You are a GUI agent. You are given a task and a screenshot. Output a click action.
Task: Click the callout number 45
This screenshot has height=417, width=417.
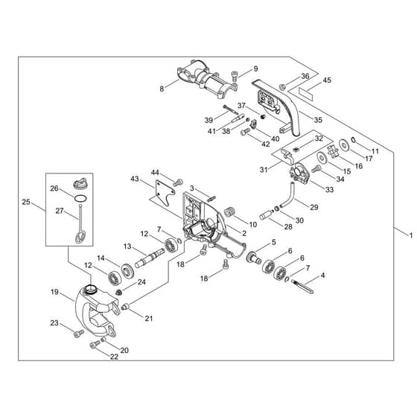pyautogui.click(x=327, y=80)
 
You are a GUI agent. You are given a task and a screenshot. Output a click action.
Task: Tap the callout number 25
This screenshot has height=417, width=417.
pyautogui.click(x=26, y=202)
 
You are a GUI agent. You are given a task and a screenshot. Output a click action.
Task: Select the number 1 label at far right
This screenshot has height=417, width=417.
pyautogui.click(x=411, y=235)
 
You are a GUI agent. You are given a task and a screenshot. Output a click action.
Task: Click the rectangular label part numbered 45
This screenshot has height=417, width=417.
pyautogui.click(x=305, y=93)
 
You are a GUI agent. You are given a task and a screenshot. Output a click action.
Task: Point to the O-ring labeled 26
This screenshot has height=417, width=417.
pyautogui.click(x=80, y=198)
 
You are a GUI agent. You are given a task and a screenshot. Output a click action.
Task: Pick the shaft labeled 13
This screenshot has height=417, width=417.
pyautogui.click(x=150, y=258)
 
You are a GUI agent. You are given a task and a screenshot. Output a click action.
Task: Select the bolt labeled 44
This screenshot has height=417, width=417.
pyautogui.click(x=178, y=182)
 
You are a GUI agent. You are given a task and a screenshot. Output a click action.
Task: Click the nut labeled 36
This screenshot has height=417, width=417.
pyautogui.click(x=282, y=86)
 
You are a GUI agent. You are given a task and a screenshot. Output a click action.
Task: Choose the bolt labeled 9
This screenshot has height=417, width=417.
pyautogui.click(x=235, y=76)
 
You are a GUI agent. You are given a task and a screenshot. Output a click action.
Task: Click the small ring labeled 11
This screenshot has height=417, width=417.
pyautogui.click(x=354, y=140)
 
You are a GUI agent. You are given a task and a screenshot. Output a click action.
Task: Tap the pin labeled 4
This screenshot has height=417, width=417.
pyautogui.click(x=302, y=286)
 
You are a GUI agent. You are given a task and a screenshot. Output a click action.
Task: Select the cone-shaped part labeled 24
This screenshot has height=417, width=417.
pyautogui.click(x=119, y=292)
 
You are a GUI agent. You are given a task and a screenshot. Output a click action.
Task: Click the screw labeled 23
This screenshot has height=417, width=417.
pyautogui.click(x=78, y=334)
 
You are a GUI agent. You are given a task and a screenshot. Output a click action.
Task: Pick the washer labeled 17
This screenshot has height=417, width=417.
pyautogui.click(x=345, y=145)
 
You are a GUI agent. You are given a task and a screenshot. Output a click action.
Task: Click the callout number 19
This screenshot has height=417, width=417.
pyautogui.click(x=54, y=292)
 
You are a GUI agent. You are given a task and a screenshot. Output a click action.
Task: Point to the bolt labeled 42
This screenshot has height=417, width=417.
pyautogui.click(x=245, y=132)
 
